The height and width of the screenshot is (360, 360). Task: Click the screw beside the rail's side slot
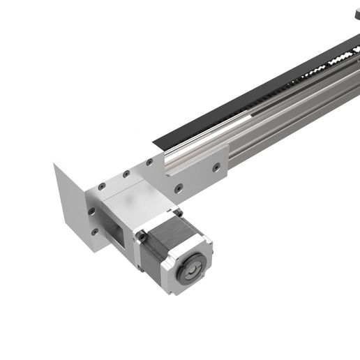pos(216,167)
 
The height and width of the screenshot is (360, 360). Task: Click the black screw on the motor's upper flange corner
pos(177,213)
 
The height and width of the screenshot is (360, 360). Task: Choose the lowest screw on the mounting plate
pos(94,231)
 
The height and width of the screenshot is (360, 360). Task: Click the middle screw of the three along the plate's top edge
pos(126,174)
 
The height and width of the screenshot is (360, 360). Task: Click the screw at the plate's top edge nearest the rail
pos(149,162)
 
